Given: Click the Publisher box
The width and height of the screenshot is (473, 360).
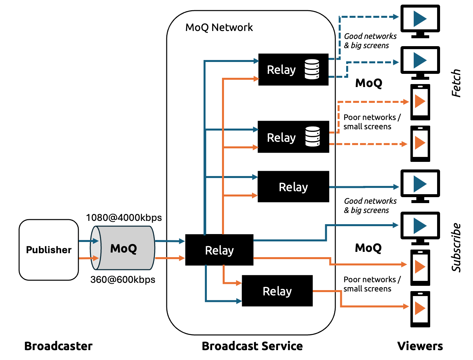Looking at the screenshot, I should click(49, 250).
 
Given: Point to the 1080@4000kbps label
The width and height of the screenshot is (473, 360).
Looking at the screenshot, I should click(124, 218).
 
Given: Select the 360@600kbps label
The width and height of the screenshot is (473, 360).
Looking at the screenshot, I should click(123, 280).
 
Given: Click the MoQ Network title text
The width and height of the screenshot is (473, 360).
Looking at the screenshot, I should click(219, 27).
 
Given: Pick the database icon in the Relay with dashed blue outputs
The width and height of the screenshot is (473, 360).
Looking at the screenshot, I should click(312, 69).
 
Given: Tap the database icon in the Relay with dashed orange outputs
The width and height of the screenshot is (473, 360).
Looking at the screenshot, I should click(312, 136).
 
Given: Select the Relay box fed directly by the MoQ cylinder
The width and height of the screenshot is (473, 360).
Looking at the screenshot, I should click(219, 250).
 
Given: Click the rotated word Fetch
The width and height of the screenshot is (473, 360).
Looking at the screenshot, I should click(456, 83).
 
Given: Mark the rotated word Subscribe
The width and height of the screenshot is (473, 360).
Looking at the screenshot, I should click(456, 248).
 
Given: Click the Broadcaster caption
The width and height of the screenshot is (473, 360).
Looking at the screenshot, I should click(58, 346).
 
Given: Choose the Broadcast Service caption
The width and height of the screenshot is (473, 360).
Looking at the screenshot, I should click(252, 346).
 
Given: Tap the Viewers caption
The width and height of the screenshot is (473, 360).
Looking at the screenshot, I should click(420, 346).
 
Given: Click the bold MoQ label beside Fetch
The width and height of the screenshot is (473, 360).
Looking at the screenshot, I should click(369, 83).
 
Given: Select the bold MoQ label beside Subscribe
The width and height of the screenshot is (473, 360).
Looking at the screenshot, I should click(368, 248).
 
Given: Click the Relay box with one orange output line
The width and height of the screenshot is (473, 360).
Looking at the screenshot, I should click(277, 291).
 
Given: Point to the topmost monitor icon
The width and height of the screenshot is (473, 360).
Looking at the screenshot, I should click(420, 21).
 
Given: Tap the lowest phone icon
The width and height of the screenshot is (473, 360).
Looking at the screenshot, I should click(420, 309).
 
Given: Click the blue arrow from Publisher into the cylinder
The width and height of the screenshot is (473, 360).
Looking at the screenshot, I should click(88, 241).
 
